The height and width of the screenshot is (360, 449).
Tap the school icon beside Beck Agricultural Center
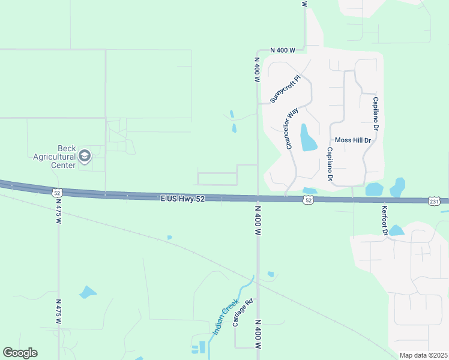click(x=85, y=157)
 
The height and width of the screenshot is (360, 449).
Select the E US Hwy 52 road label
click(x=183, y=198)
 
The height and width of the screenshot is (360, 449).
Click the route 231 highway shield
click(x=435, y=202)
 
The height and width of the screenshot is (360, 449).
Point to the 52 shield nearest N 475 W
click(x=57, y=193)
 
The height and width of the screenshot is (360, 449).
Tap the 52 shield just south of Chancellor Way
click(x=308, y=200)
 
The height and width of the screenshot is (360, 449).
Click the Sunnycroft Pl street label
click(x=285, y=89)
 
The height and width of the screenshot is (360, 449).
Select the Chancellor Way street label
click(x=292, y=129)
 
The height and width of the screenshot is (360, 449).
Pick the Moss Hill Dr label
click(x=354, y=140)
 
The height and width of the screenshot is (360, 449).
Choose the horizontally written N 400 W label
click(x=282, y=50)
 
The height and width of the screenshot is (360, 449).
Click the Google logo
click(x=20, y=353)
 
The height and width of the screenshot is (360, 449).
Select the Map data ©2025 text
click(x=423, y=355)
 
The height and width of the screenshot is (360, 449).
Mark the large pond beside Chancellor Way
click(x=307, y=138)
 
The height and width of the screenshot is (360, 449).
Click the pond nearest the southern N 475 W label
click(x=88, y=292)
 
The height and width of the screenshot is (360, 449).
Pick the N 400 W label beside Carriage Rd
click(x=258, y=337)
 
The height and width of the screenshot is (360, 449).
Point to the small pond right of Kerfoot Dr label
click(x=396, y=230)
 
